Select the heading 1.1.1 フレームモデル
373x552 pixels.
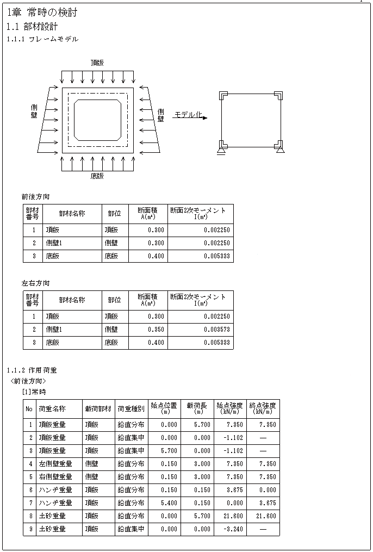pyautogui.click(x=42, y=39)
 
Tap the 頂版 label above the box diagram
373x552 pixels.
pyautogui.click(x=97, y=63)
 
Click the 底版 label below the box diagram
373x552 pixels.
pyautogui.click(x=97, y=176)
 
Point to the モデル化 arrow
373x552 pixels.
pyautogui.click(x=190, y=116)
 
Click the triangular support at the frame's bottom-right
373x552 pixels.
pyautogui.click(x=280, y=149)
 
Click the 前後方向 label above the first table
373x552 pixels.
pyautogui.click(x=35, y=197)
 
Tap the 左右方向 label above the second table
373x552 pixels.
pyautogui.click(x=35, y=283)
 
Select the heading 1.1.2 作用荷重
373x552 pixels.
pyautogui.click(x=32, y=370)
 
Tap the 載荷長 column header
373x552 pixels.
pyautogui.click(x=195, y=408)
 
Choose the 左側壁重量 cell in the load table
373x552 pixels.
pyautogui.click(x=55, y=464)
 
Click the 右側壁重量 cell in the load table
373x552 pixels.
pyautogui.click(x=55, y=477)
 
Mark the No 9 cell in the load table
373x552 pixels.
pyautogui.click(x=31, y=529)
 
